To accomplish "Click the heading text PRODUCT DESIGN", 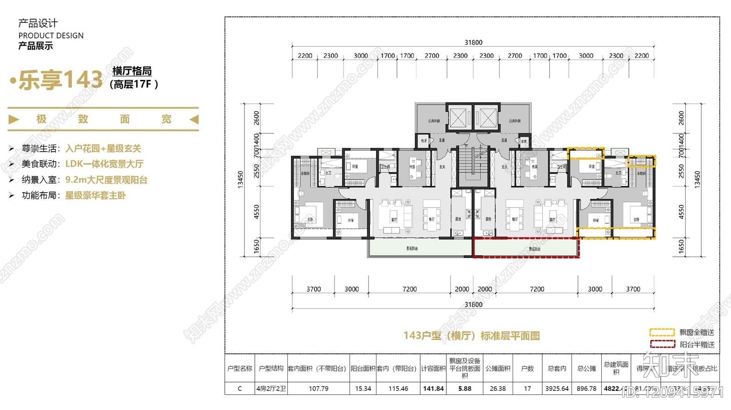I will click(x=51, y=36).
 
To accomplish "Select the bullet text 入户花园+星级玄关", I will click(x=103, y=148).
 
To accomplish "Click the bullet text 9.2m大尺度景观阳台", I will click(x=106, y=180).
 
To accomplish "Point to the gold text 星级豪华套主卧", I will click(x=95, y=195).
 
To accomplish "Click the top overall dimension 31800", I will click(x=473, y=42).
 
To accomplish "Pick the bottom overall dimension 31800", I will click(x=473, y=305).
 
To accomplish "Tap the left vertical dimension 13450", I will click(x=241, y=179).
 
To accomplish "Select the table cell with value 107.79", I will click(x=318, y=389).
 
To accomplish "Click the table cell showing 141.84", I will click(x=433, y=389).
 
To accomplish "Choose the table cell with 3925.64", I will click(x=557, y=389).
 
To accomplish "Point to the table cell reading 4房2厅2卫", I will click(x=271, y=389).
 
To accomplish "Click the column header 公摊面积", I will click(x=498, y=368).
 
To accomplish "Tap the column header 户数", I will click(x=527, y=368).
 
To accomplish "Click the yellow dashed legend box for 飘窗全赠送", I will click(x=662, y=332).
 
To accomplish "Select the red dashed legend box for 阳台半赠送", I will click(x=662, y=344).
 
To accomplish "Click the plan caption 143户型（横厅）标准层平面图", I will click(x=471, y=336).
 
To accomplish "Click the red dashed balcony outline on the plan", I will click(x=525, y=248).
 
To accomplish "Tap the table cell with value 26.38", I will click(x=498, y=389).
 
